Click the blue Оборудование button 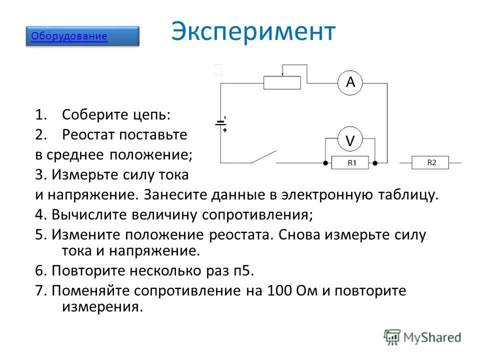click(82, 36)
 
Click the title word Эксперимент click(253, 31)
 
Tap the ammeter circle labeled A click(350, 82)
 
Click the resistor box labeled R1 click(350, 163)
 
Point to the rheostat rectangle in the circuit click(282, 82)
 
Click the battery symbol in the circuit click(220, 123)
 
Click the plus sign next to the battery click(225, 130)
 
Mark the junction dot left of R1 click(325, 163)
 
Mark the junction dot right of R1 click(374, 163)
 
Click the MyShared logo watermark click(422, 337)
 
